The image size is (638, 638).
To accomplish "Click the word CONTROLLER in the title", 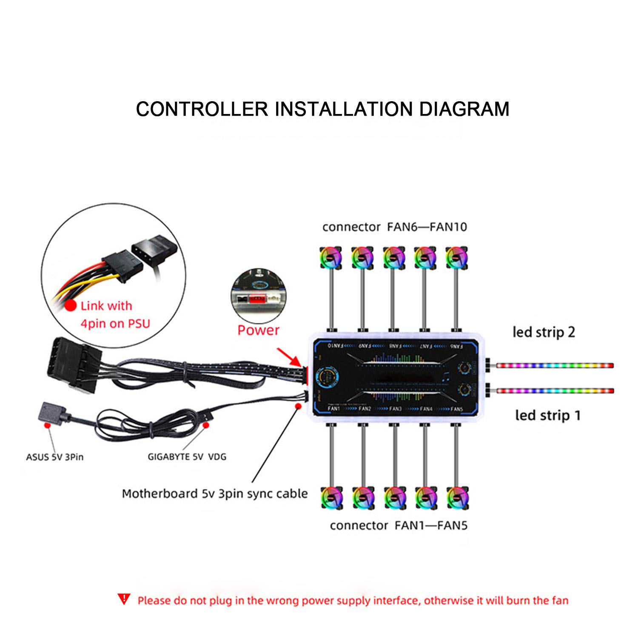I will [x=202, y=109].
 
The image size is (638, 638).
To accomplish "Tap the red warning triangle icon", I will [x=124, y=599].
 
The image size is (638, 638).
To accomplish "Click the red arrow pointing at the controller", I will [x=289, y=357].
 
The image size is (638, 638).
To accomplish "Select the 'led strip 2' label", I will [x=544, y=332].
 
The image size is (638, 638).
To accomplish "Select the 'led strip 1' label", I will [x=548, y=415].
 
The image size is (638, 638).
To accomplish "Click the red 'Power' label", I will [x=258, y=330].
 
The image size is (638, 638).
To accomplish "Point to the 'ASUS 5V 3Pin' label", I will [x=55, y=457].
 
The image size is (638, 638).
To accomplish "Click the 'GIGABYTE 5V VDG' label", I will [x=187, y=457].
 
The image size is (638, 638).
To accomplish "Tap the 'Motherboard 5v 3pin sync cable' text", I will [x=215, y=494].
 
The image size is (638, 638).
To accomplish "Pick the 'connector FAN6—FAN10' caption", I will [x=394, y=227].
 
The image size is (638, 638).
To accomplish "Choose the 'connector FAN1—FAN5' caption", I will [x=399, y=526].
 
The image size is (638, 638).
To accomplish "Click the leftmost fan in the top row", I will [x=331, y=258].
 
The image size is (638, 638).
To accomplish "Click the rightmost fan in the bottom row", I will [x=457, y=497].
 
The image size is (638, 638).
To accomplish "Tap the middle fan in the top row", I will [x=393, y=258].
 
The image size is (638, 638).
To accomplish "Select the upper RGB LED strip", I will [x=555, y=365].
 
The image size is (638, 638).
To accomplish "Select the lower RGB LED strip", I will [x=555, y=390].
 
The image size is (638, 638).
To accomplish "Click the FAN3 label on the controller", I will [x=395, y=409].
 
